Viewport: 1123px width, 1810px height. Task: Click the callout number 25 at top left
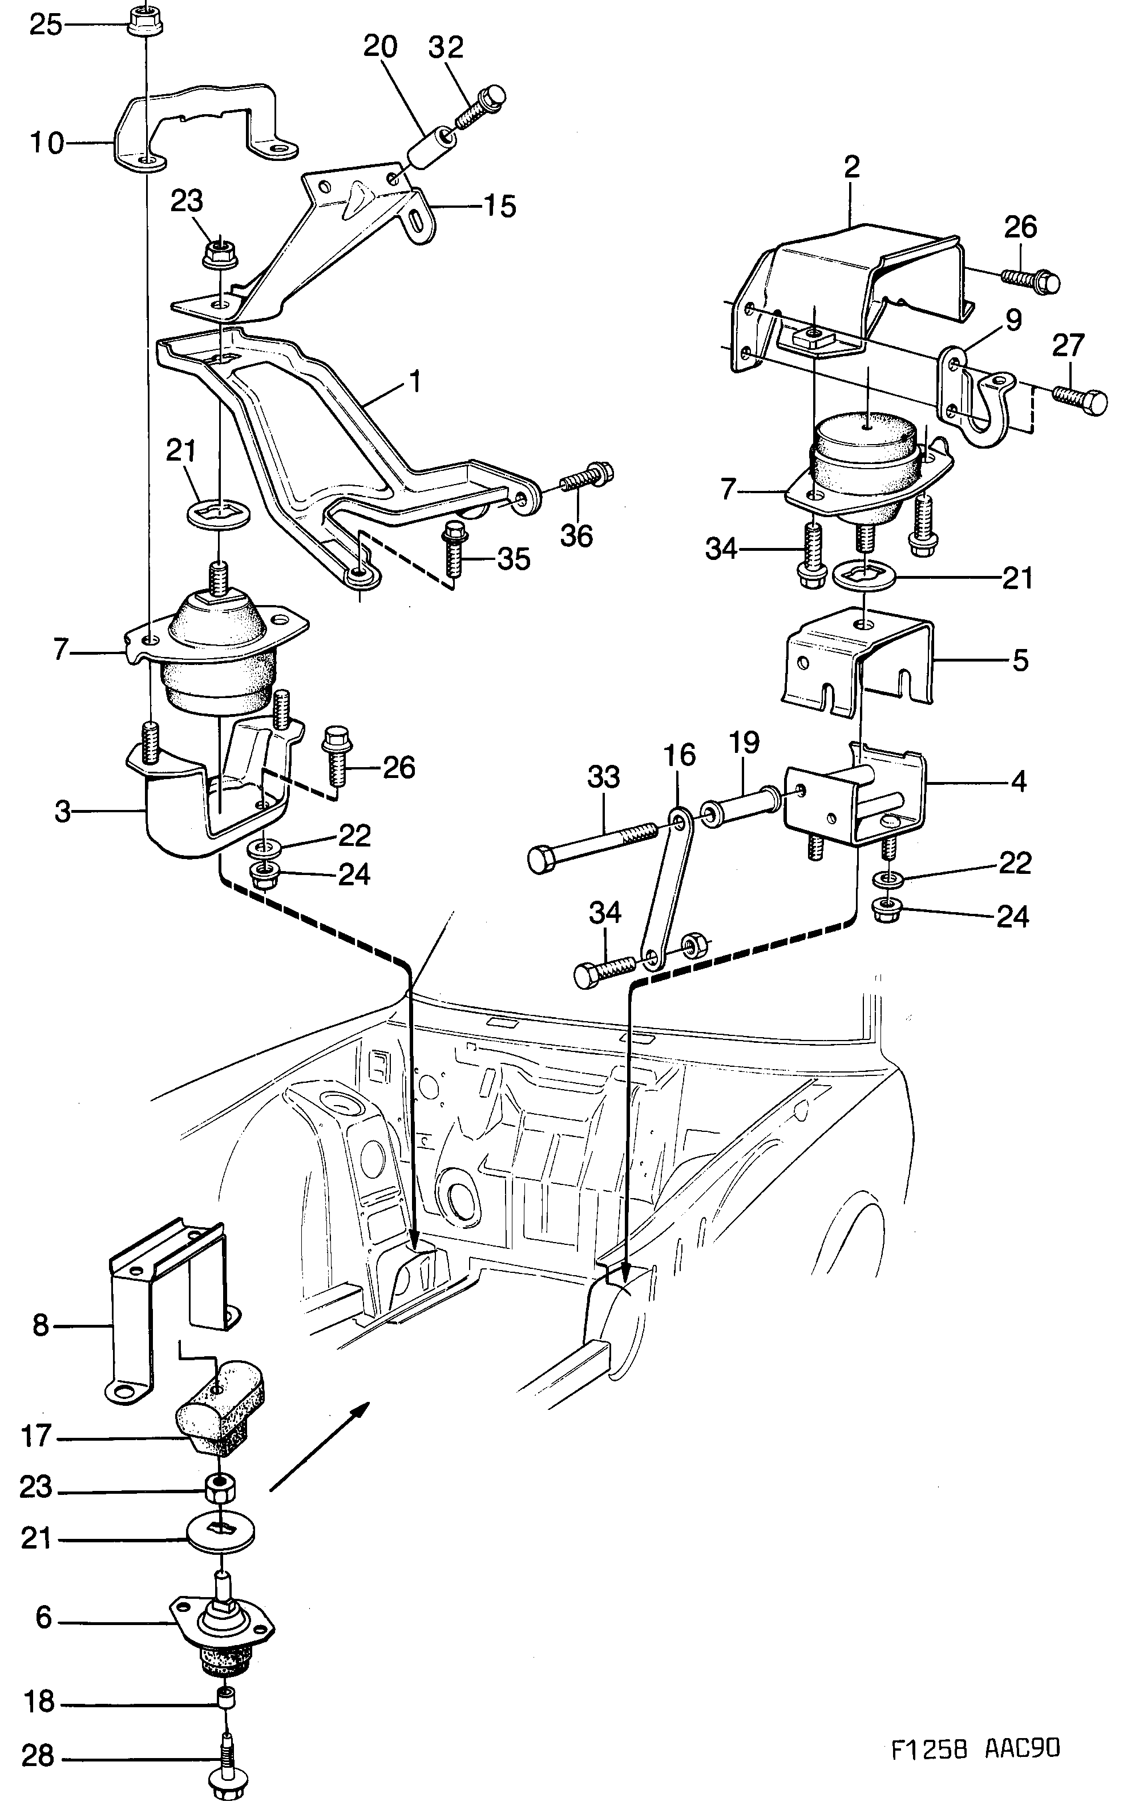pyautogui.click(x=45, y=26)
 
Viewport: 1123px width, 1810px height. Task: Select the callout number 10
pyautogui.click(x=47, y=142)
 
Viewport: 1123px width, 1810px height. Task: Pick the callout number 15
pyautogui.click(x=499, y=207)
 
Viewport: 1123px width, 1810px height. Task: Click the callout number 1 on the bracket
pyautogui.click(x=414, y=382)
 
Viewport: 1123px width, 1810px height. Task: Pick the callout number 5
pyautogui.click(x=1020, y=659)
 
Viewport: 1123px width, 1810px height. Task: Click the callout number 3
pyautogui.click(x=63, y=812)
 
